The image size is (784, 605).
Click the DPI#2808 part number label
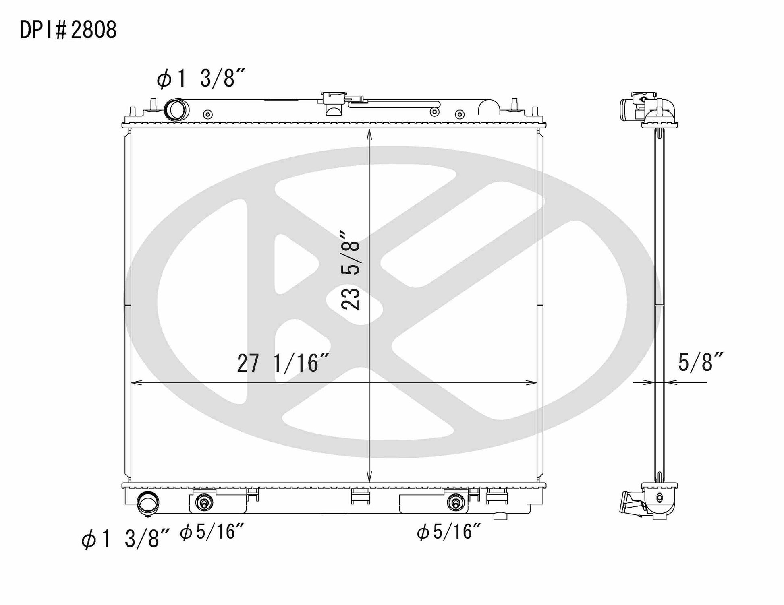68,30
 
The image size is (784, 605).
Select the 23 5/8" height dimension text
350,270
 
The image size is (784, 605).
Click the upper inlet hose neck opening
177,109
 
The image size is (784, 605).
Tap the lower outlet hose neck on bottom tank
148,503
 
